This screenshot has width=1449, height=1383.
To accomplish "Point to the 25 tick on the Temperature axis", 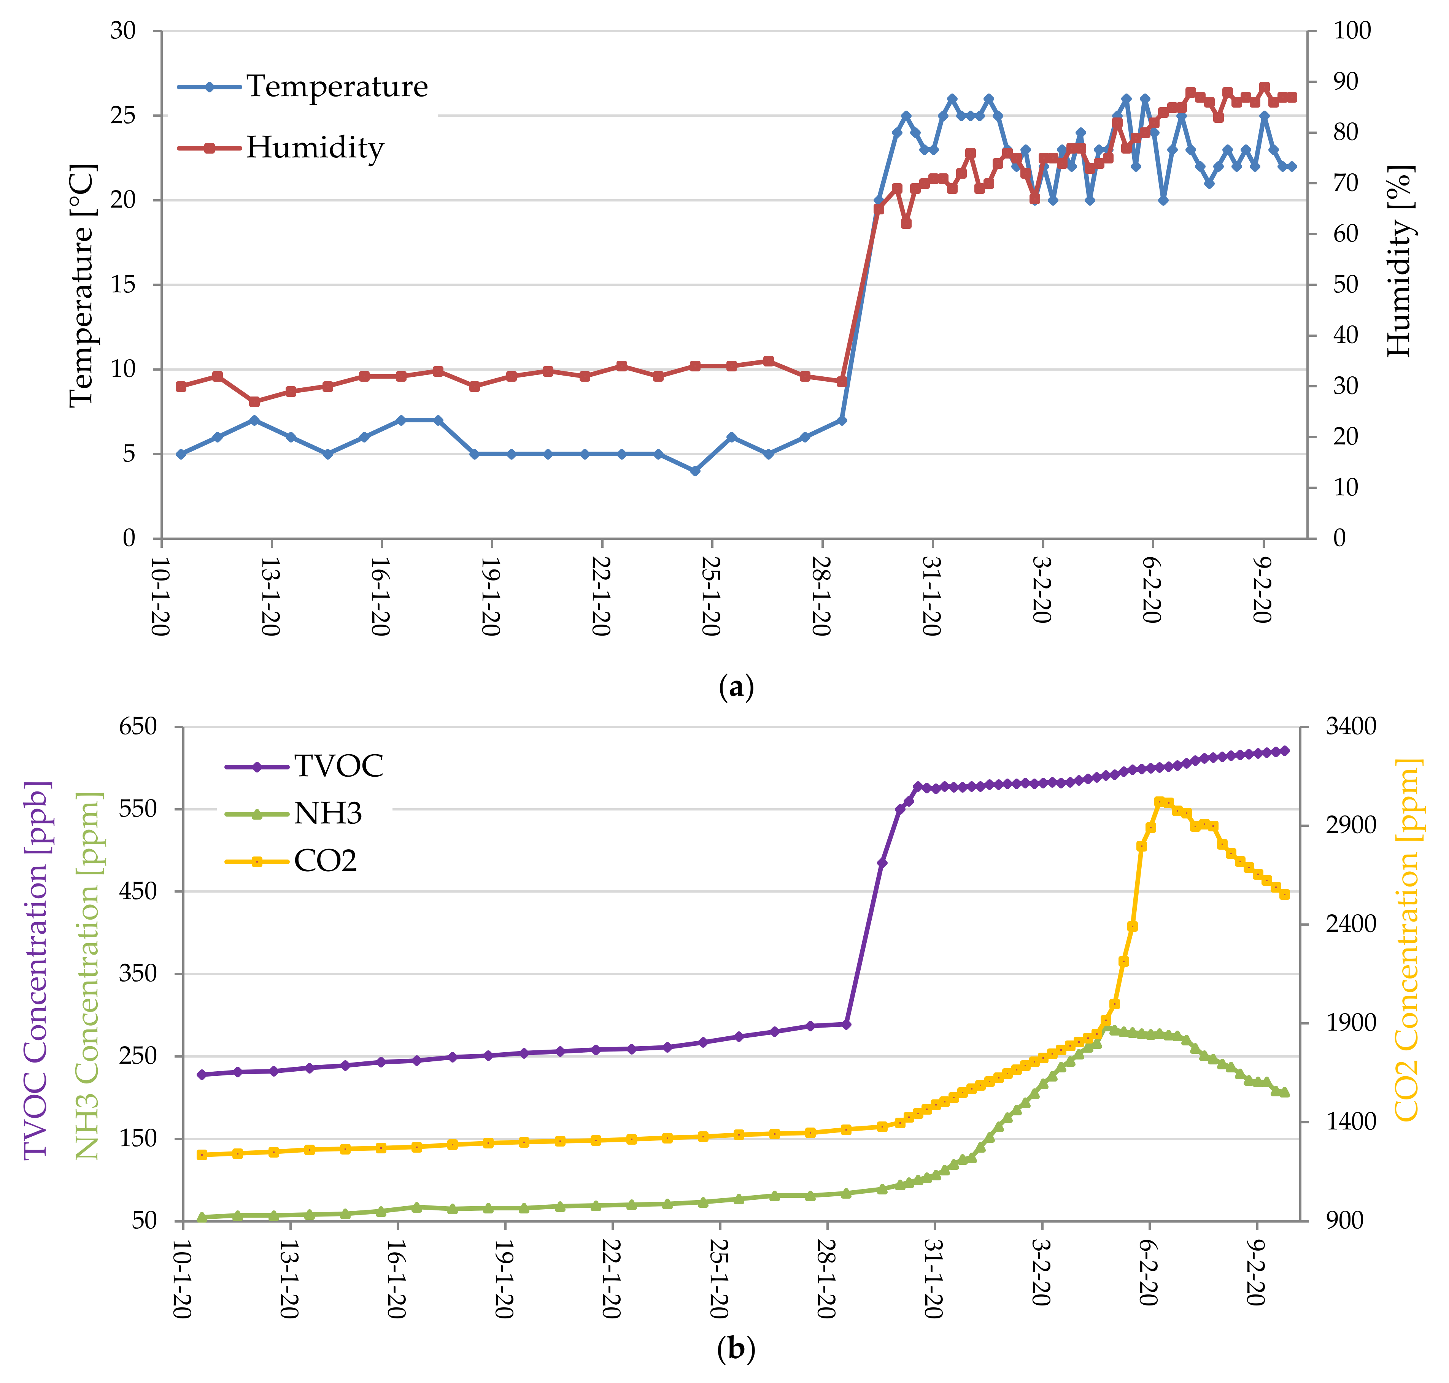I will (124, 116).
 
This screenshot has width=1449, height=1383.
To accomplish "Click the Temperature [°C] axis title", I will (83, 285).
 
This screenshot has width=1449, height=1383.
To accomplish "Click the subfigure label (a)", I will (735, 687).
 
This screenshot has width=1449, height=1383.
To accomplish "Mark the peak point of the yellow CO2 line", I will (1158, 801).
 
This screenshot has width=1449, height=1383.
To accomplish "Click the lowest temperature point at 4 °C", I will (694, 470).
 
